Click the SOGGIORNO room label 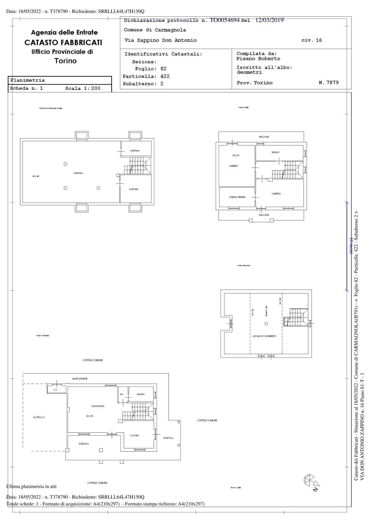point(98,406)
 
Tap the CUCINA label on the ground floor point(135,435)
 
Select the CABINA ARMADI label point(237,197)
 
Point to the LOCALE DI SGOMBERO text point(264,336)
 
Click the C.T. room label point(56,390)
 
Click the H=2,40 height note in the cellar point(36,176)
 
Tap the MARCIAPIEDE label point(80,379)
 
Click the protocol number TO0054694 point(225,20)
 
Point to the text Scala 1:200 point(83,88)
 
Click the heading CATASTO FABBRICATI point(63,43)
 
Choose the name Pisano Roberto point(258,59)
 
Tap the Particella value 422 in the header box point(165,76)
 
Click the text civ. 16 point(311,40)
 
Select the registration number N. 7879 point(328,83)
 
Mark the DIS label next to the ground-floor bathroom point(121,394)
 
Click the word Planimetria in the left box point(28,80)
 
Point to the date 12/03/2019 point(269,20)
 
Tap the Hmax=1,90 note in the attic point(266,311)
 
